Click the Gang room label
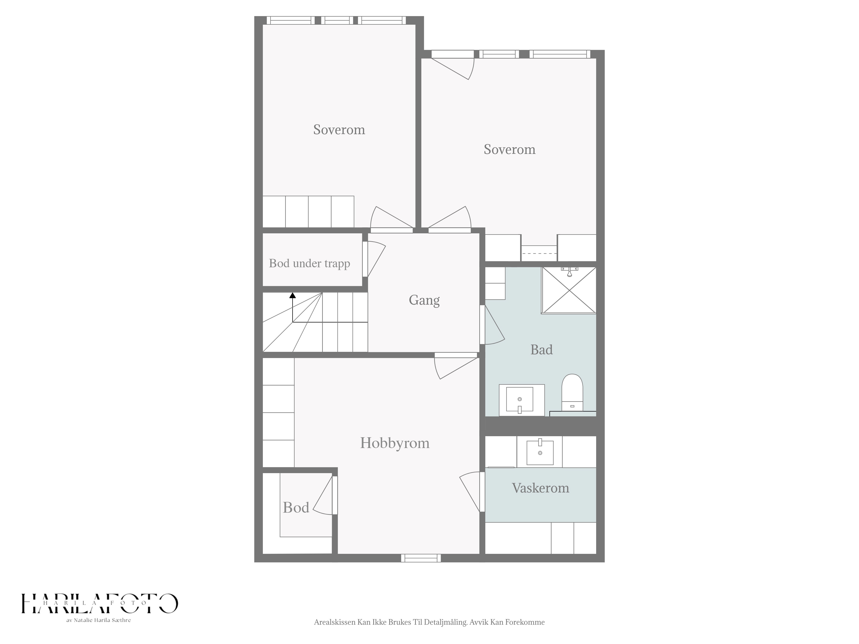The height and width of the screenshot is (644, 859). [x=424, y=300]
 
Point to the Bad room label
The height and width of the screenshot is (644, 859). [x=541, y=350]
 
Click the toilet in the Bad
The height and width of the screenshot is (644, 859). [x=572, y=392]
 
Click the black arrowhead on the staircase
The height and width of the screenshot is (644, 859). [x=292, y=295]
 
